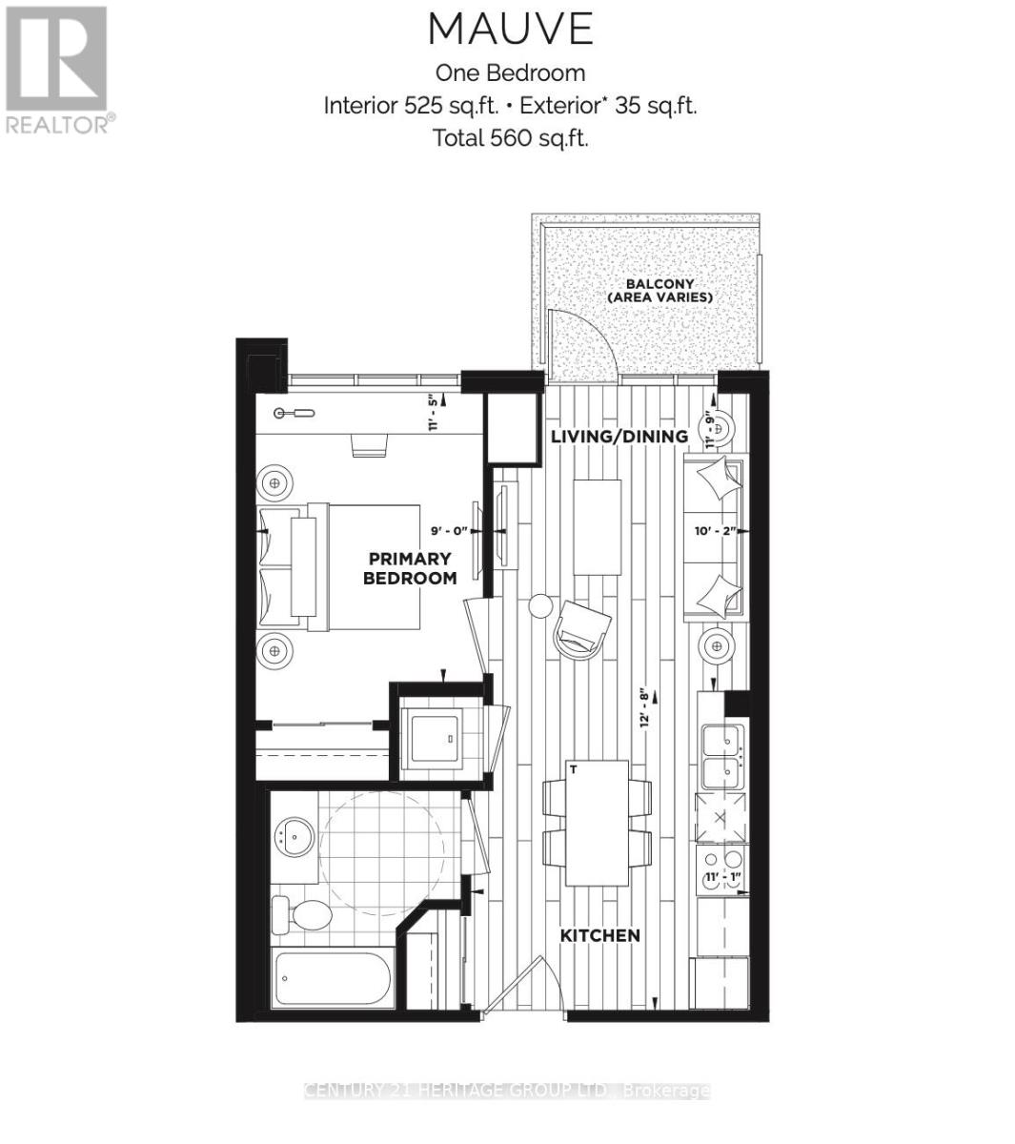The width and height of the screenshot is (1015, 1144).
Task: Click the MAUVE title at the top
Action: (510, 30)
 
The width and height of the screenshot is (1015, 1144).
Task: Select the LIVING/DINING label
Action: (619, 437)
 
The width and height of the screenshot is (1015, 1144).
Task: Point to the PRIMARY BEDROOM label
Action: (410, 568)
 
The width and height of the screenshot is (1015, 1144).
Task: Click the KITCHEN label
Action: (599, 935)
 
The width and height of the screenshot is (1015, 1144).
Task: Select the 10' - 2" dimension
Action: (716, 531)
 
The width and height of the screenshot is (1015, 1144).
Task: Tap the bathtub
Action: (331, 977)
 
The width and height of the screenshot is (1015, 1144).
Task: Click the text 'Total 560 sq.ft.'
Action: (510, 137)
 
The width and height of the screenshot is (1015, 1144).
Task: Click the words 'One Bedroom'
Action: (510, 72)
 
